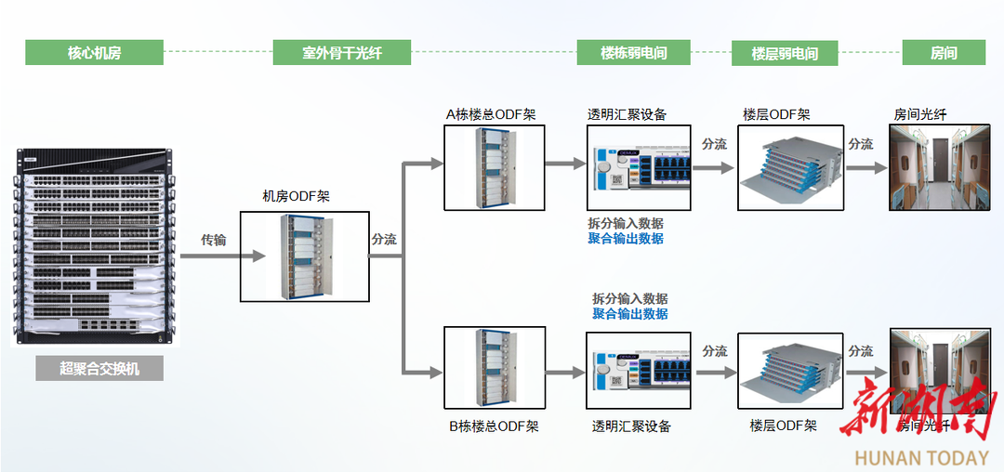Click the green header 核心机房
(94, 53)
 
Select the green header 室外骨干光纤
(341, 53)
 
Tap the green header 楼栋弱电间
(633, 53)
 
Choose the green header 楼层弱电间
(785, 53)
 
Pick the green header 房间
(944, 53)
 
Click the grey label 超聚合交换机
(99, 368)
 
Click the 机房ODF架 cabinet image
(304, 256)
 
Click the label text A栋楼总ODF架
(490, 114)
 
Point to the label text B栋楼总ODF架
(494, 426)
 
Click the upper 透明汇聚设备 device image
(639, 168)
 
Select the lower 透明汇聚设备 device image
(639, 371)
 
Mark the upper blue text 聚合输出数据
(626, 239)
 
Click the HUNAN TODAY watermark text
(921, 457)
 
